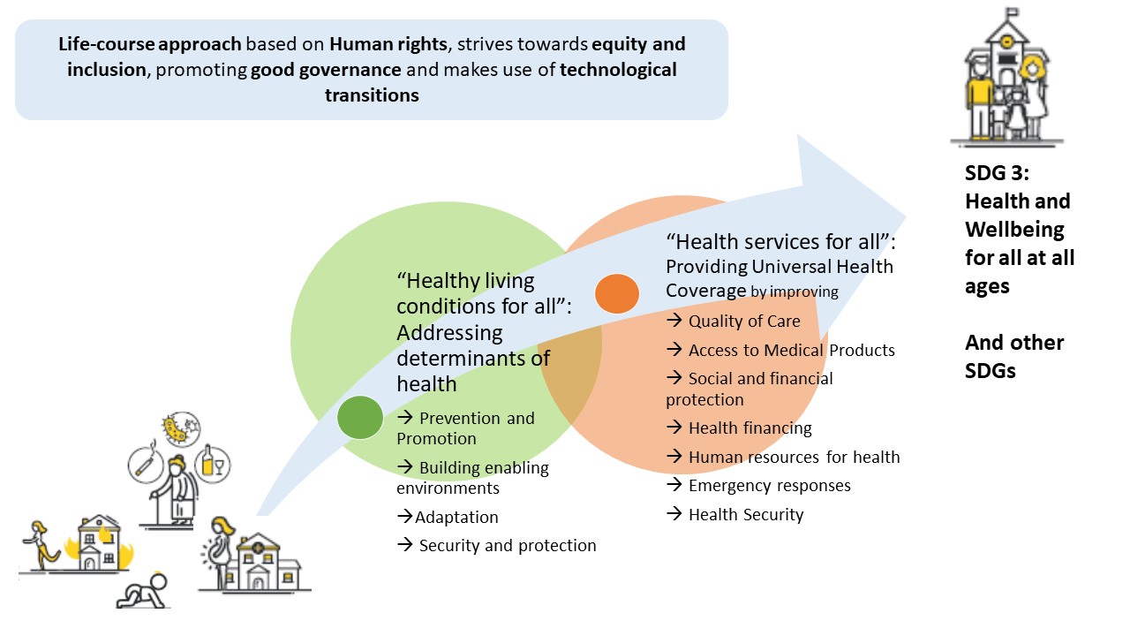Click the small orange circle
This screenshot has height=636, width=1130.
(x=617, y=294)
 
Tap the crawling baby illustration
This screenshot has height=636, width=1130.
(x=142, y=593)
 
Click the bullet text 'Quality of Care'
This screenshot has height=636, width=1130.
(x=743, y=322)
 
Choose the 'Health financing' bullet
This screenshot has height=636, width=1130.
(x=750, y=428)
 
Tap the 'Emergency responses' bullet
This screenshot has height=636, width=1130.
(x=769, y=486)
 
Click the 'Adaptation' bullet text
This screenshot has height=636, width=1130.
(x=456, y=518)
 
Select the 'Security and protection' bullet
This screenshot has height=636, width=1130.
(x=507, y=546)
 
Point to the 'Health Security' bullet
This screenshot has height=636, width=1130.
(x=746, y=515)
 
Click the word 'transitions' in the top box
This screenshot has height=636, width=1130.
(x=372, y=95)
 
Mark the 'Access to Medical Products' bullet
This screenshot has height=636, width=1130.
(x=791, y=351)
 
